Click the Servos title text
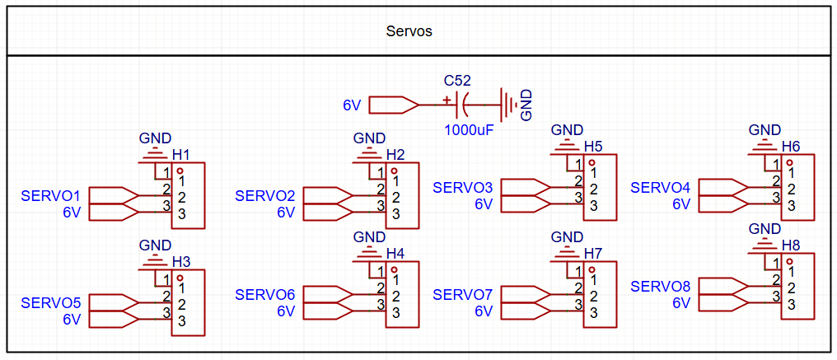pyautogui.click(x=409, y=31)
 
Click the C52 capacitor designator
pyautogui.click(x=457, y=81)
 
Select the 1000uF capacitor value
pyautogui.click(x=469, y=129)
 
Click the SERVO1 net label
pyautogui.click(x=50, y=196)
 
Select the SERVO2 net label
pyautogui.click(x=264, y=196)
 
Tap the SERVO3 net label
pyautogui.click(x=462, y=188)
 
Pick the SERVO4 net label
pyautogui.click(x=660, y=188)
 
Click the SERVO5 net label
pyautogui.click(x=50, y=302)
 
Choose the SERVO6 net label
pyautogui.click(x=264, y=295)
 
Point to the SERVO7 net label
pyautogui.click(x=462, y=295)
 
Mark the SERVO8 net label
pyautogui.click(x=660, y=287)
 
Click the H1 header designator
pyautogui.click(x=181, y=155)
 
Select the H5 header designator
pyautogui.click(x=593, y=147)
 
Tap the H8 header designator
pyautogui.click(x=791, y=245)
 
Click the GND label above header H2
pyautogui.click(x=369, y=138)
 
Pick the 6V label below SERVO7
pyautogui.click(x=483, y=311)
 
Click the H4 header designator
pyautogui.click(x=395, y=253)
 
